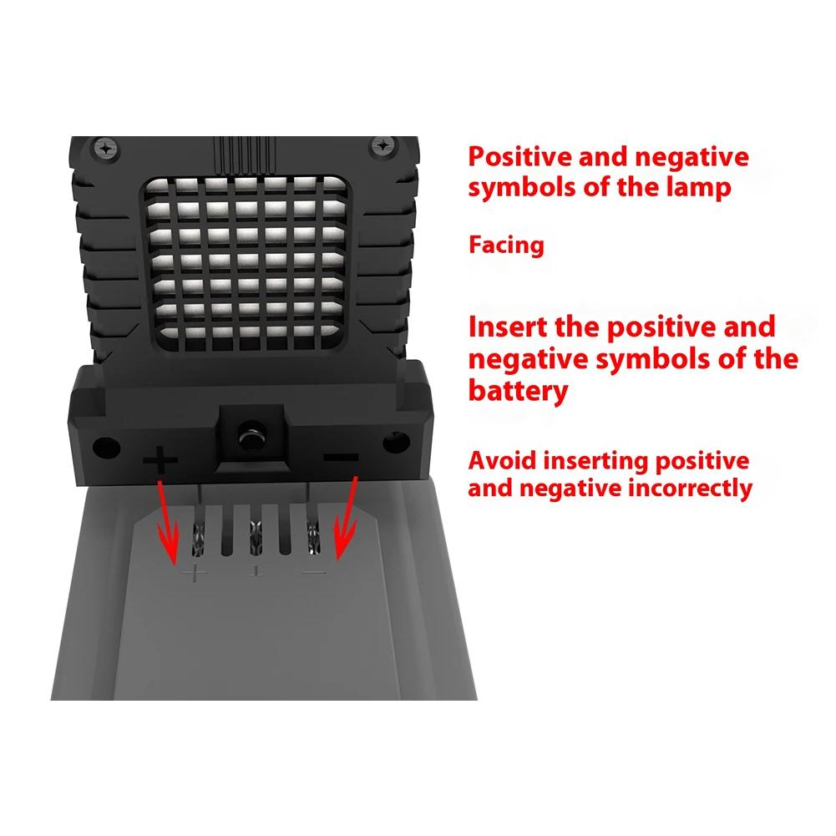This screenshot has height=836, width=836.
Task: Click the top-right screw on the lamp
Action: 382,145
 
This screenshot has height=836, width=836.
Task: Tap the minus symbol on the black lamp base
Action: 340,458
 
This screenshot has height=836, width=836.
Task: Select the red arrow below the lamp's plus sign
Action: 166,522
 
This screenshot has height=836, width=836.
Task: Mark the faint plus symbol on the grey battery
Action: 195,574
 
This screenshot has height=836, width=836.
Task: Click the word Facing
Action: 506,246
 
